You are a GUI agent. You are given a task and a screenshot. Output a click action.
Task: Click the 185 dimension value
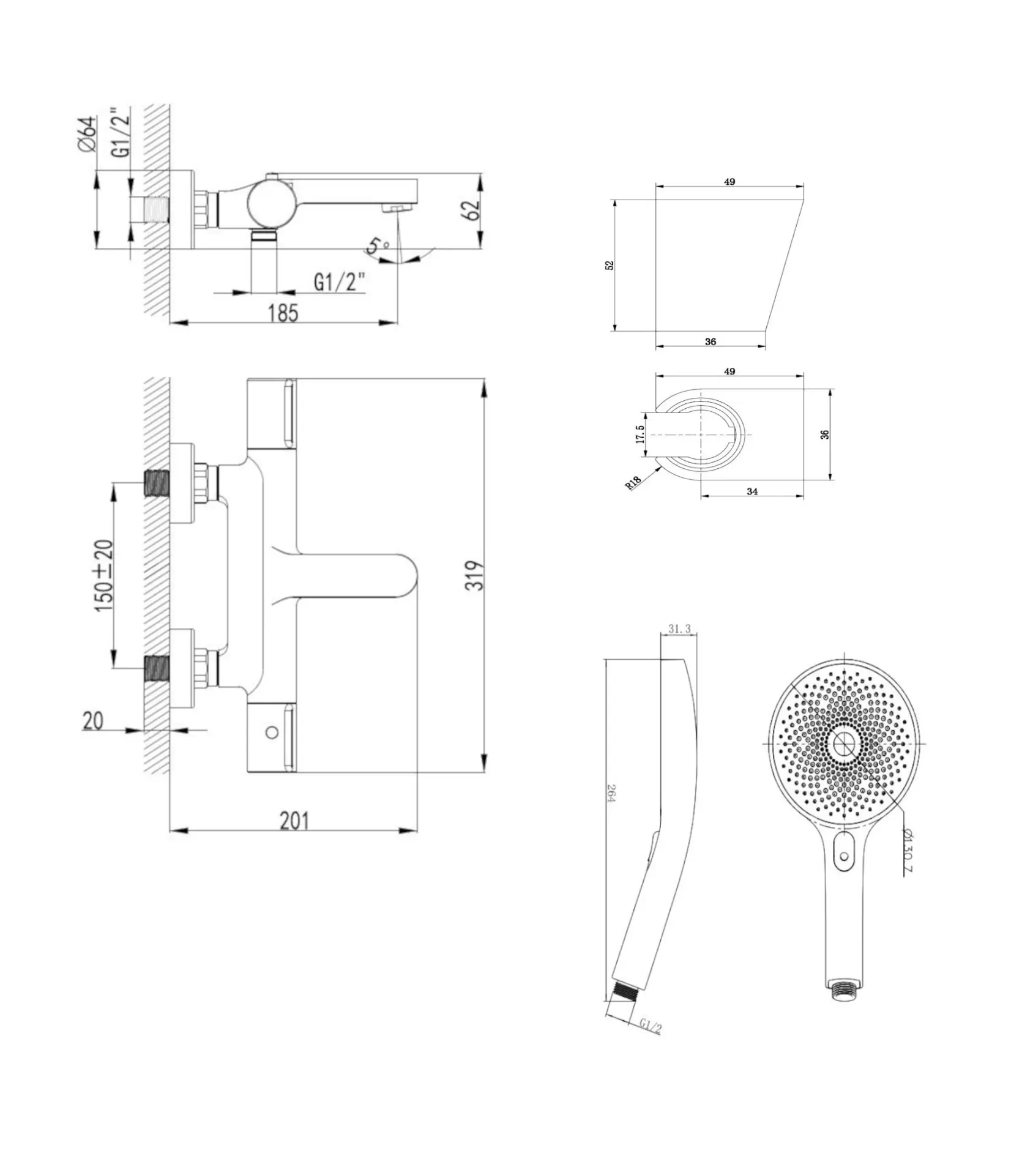283,313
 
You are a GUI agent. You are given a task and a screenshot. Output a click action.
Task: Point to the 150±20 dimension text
104,575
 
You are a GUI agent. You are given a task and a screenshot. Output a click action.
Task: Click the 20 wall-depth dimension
93,721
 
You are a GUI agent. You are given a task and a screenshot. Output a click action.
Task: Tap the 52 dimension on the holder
609,265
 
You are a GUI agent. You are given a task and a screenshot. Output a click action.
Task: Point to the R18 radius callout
633,482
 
